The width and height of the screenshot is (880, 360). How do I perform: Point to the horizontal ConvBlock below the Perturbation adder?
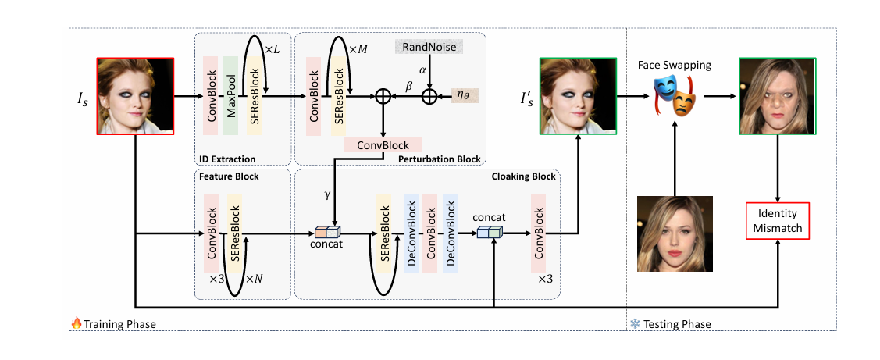coord(383,145)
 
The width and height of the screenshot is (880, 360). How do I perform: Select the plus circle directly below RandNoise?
coord(429,96)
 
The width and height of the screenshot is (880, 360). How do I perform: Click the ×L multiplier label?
coord(273,49)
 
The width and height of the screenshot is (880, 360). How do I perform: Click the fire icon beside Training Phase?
coord(77,323)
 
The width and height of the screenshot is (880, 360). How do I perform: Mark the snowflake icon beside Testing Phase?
coord(635,323)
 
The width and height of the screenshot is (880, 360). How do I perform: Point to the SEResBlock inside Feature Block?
coord(235,233)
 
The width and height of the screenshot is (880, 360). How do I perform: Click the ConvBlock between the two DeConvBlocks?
coord(430,233)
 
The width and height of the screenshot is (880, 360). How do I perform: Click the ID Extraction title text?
coord(227,159)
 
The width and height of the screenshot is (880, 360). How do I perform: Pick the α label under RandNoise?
coord(422,70)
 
